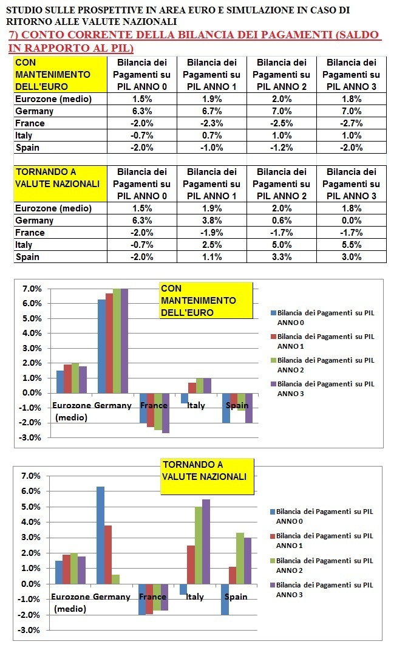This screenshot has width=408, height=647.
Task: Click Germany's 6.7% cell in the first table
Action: point(212,111)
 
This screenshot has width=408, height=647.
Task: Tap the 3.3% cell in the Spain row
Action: point(282,257)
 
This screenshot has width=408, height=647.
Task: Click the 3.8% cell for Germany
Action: point(212,221)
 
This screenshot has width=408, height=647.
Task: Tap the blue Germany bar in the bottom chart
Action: point(101,535)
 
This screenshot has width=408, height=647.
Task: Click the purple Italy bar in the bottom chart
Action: point(206,541)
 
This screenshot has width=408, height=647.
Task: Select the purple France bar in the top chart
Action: point(166,413)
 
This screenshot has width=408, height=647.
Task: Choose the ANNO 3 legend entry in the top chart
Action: point(322,389)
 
